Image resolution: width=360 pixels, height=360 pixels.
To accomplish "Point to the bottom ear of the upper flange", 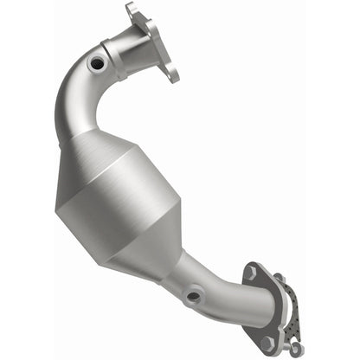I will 172,74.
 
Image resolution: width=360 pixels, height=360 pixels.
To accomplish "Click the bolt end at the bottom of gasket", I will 296,347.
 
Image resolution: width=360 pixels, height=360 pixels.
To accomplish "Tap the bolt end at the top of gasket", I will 279,279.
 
